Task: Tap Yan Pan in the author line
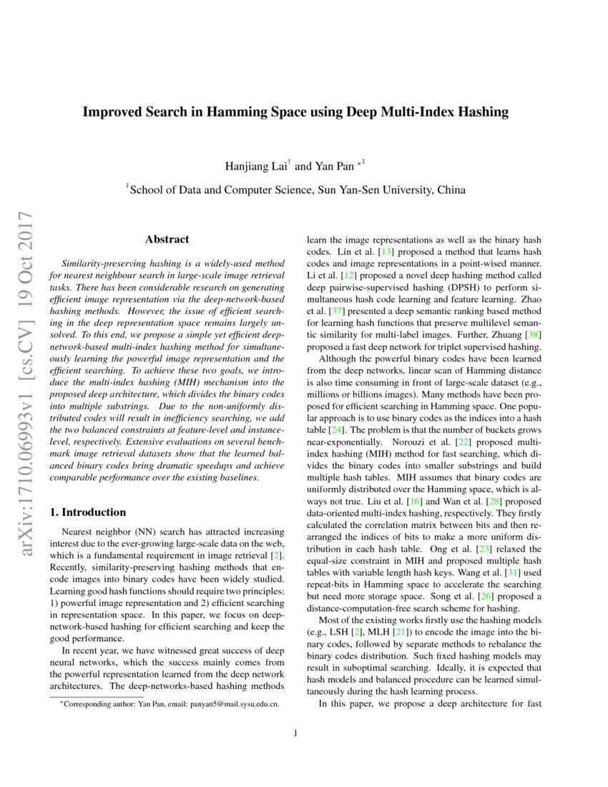(334, 167)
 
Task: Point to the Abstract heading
(167, 239)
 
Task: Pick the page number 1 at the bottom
(304, 733)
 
